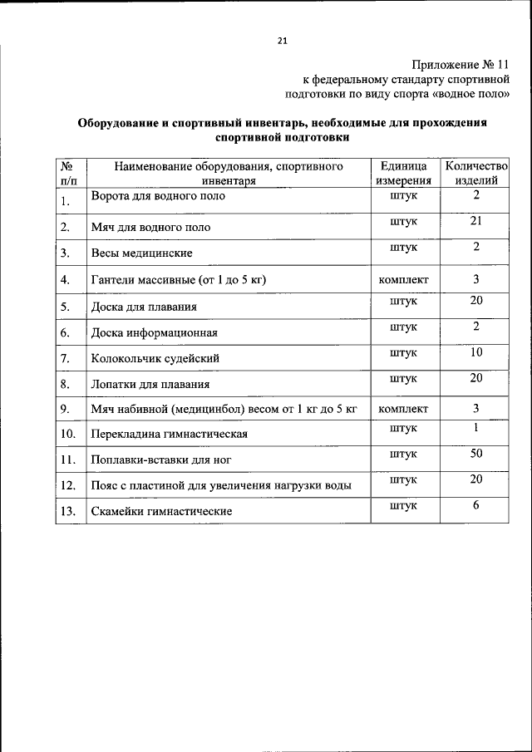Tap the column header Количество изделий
pyautogui.click(x=475, y=173)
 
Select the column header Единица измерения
pyautogui.click(x=403, y=173)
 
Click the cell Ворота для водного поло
pyautogui.click(x=158, y=197)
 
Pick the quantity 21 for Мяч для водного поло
pyautogui.click(x=475, y=220)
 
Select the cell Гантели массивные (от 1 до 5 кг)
pyautogui.click(x=178, y=280)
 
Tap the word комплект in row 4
pyautogui.click(x=403, y=280)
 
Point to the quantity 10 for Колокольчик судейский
pyautogui.click(x=475, y=351)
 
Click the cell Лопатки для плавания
pyautogui.click(x=150, y=385)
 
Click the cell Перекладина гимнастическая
pyautogui.click(x=170, y=434)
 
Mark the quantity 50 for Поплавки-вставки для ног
pyautogui.click(x=475, y=453)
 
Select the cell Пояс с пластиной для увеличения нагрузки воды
pyautogui.click(x=220, y=485)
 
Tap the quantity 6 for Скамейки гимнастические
pyautogui.click(x=475, y=505)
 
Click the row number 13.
pyautogui.click(x=67, y=511)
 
